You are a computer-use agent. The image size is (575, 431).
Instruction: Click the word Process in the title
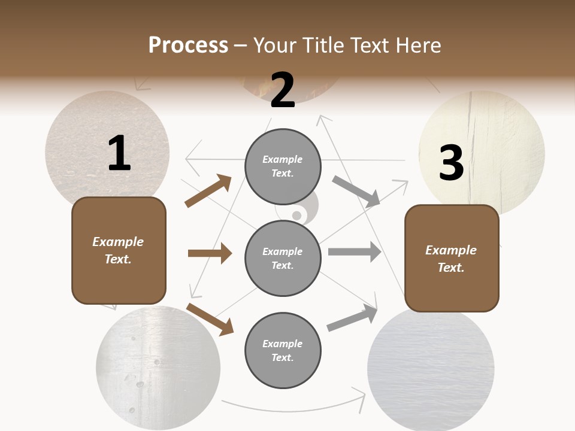click(x=188, y=45)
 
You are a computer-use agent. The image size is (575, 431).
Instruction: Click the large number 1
click(x=119, y=154)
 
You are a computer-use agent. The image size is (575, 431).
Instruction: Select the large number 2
click(x=283, y=90)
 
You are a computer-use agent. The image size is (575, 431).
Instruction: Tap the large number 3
click(x=452, y=163)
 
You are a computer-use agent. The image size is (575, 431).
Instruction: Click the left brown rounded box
click(x=119, y=250)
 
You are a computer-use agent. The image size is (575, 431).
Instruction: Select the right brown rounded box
click(x=452, y=259)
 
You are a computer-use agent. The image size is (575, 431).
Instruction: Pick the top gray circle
click(x=283, y=166)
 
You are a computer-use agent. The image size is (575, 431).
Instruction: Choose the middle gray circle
click(x=283, y=258)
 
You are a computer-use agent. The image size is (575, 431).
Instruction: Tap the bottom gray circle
click(x=283, y=350)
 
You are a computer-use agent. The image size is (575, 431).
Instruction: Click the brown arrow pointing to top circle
click(x=208, y=191)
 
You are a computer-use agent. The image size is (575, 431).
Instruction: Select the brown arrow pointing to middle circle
click(x=210, y=253)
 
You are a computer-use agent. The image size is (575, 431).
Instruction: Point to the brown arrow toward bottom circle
click(x=210, y=318)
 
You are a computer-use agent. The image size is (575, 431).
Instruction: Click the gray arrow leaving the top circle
click(x=356, y=191)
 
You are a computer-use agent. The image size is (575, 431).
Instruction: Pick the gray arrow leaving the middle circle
click(x=355, y=252)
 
